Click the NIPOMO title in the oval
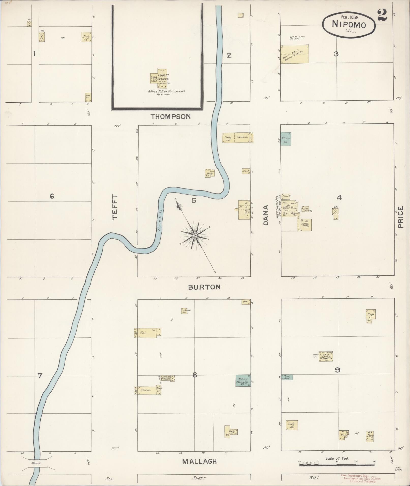point(349,25)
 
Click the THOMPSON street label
point(171,117)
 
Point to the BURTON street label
point(204,287)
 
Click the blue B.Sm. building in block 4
point(286,139)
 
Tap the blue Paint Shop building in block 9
point(287,377)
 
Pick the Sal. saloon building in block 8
point(148,333)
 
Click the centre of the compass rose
point(195,236)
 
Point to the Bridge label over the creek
point(36,463)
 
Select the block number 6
point(52,196)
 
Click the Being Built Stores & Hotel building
point(295,54)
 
